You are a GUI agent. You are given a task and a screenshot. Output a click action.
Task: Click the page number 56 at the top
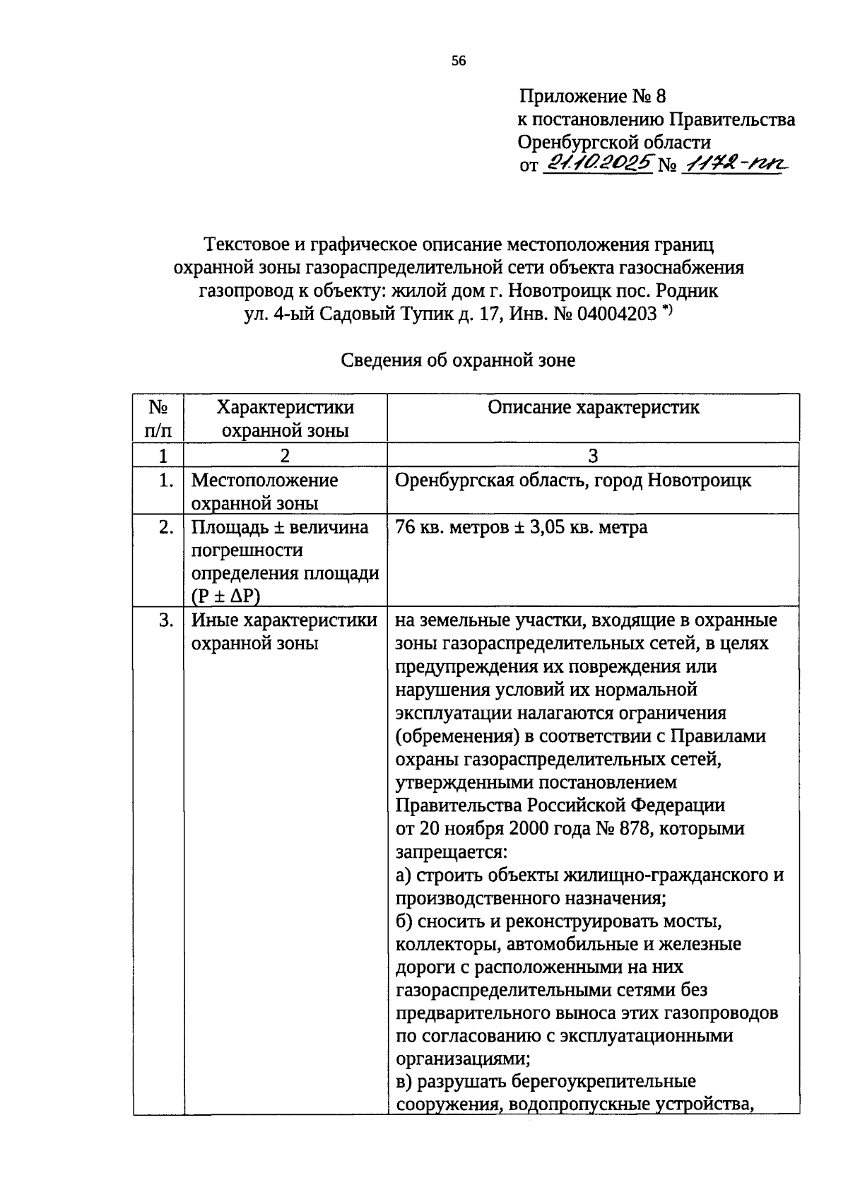click(x=459, y=61)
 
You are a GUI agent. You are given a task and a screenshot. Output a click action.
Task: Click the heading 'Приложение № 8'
click(x=592, y=96)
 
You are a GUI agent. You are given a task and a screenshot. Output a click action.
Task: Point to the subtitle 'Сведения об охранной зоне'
click(x=458, y=360)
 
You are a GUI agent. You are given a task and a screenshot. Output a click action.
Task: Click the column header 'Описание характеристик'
click(x=593, y=408)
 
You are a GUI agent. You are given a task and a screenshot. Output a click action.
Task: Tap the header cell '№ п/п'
click(x=158, y=418)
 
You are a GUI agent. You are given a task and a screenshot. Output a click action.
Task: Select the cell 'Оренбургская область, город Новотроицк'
click(x=573, y=481)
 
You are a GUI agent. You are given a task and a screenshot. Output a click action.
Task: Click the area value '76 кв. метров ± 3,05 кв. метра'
click(x=521, y=528)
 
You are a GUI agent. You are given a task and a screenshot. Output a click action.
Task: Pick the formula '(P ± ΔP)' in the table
click(x=225, y=596)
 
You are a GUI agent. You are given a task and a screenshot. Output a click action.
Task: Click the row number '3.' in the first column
click(x=165, y=620)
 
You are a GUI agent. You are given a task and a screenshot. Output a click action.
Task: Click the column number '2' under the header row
click(x=284, y=456)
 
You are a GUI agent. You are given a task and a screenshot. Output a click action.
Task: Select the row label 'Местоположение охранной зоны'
click(x=264, y=492)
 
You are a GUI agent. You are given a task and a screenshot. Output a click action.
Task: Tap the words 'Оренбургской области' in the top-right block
click(x=613, y=143)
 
